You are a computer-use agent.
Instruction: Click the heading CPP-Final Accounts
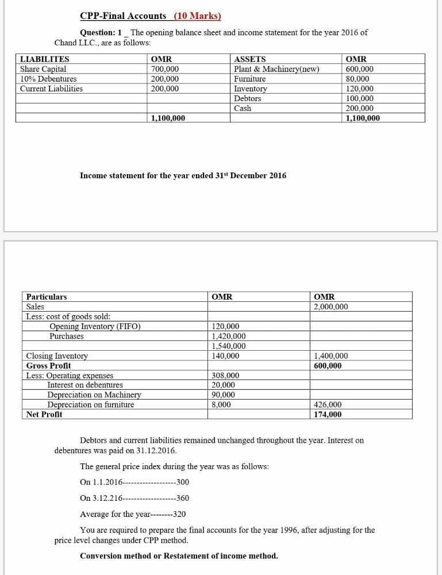tap(123, 16)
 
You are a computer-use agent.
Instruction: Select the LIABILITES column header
tap(44, 59)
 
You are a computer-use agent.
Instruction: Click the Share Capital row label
tap(43, 69)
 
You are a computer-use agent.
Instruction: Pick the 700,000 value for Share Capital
tap(164, 69)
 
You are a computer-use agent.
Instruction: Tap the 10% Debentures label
tap(48, 79)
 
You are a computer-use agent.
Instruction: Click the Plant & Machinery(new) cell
tap(276, 69)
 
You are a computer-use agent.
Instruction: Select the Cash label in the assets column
tap(243, 108)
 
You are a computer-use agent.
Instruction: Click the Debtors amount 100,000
tap(359, 98)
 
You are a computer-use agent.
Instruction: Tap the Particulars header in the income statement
tap(47, 297)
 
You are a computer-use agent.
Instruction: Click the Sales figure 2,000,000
tap(330, 306)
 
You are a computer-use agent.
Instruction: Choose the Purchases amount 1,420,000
tap(228, 336)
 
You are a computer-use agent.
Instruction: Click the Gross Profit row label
tap(49, 366)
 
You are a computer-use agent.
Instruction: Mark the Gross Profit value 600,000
tap(328, 366)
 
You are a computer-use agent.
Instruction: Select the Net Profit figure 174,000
tap(328, 414)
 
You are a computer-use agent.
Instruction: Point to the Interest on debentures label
tap(84, 385)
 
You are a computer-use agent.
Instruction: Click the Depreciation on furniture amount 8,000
tap(221, 404)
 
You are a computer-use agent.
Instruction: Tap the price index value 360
tap(183, 498)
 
